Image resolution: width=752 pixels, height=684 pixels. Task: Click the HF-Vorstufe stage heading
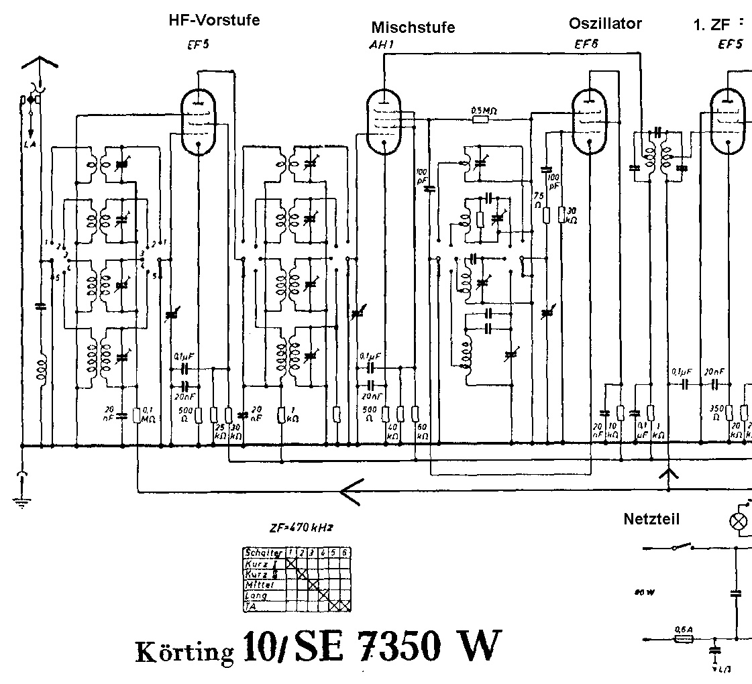tap(214, 21)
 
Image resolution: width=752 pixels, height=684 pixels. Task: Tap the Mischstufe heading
tap(413, 27)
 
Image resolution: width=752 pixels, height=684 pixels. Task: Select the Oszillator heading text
tap(605, 23)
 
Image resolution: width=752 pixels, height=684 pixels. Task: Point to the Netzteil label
tap(651, 518)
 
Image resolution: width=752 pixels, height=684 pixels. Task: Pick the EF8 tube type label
tap(586, 46)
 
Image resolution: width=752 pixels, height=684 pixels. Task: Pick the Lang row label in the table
tap(256, 595)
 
